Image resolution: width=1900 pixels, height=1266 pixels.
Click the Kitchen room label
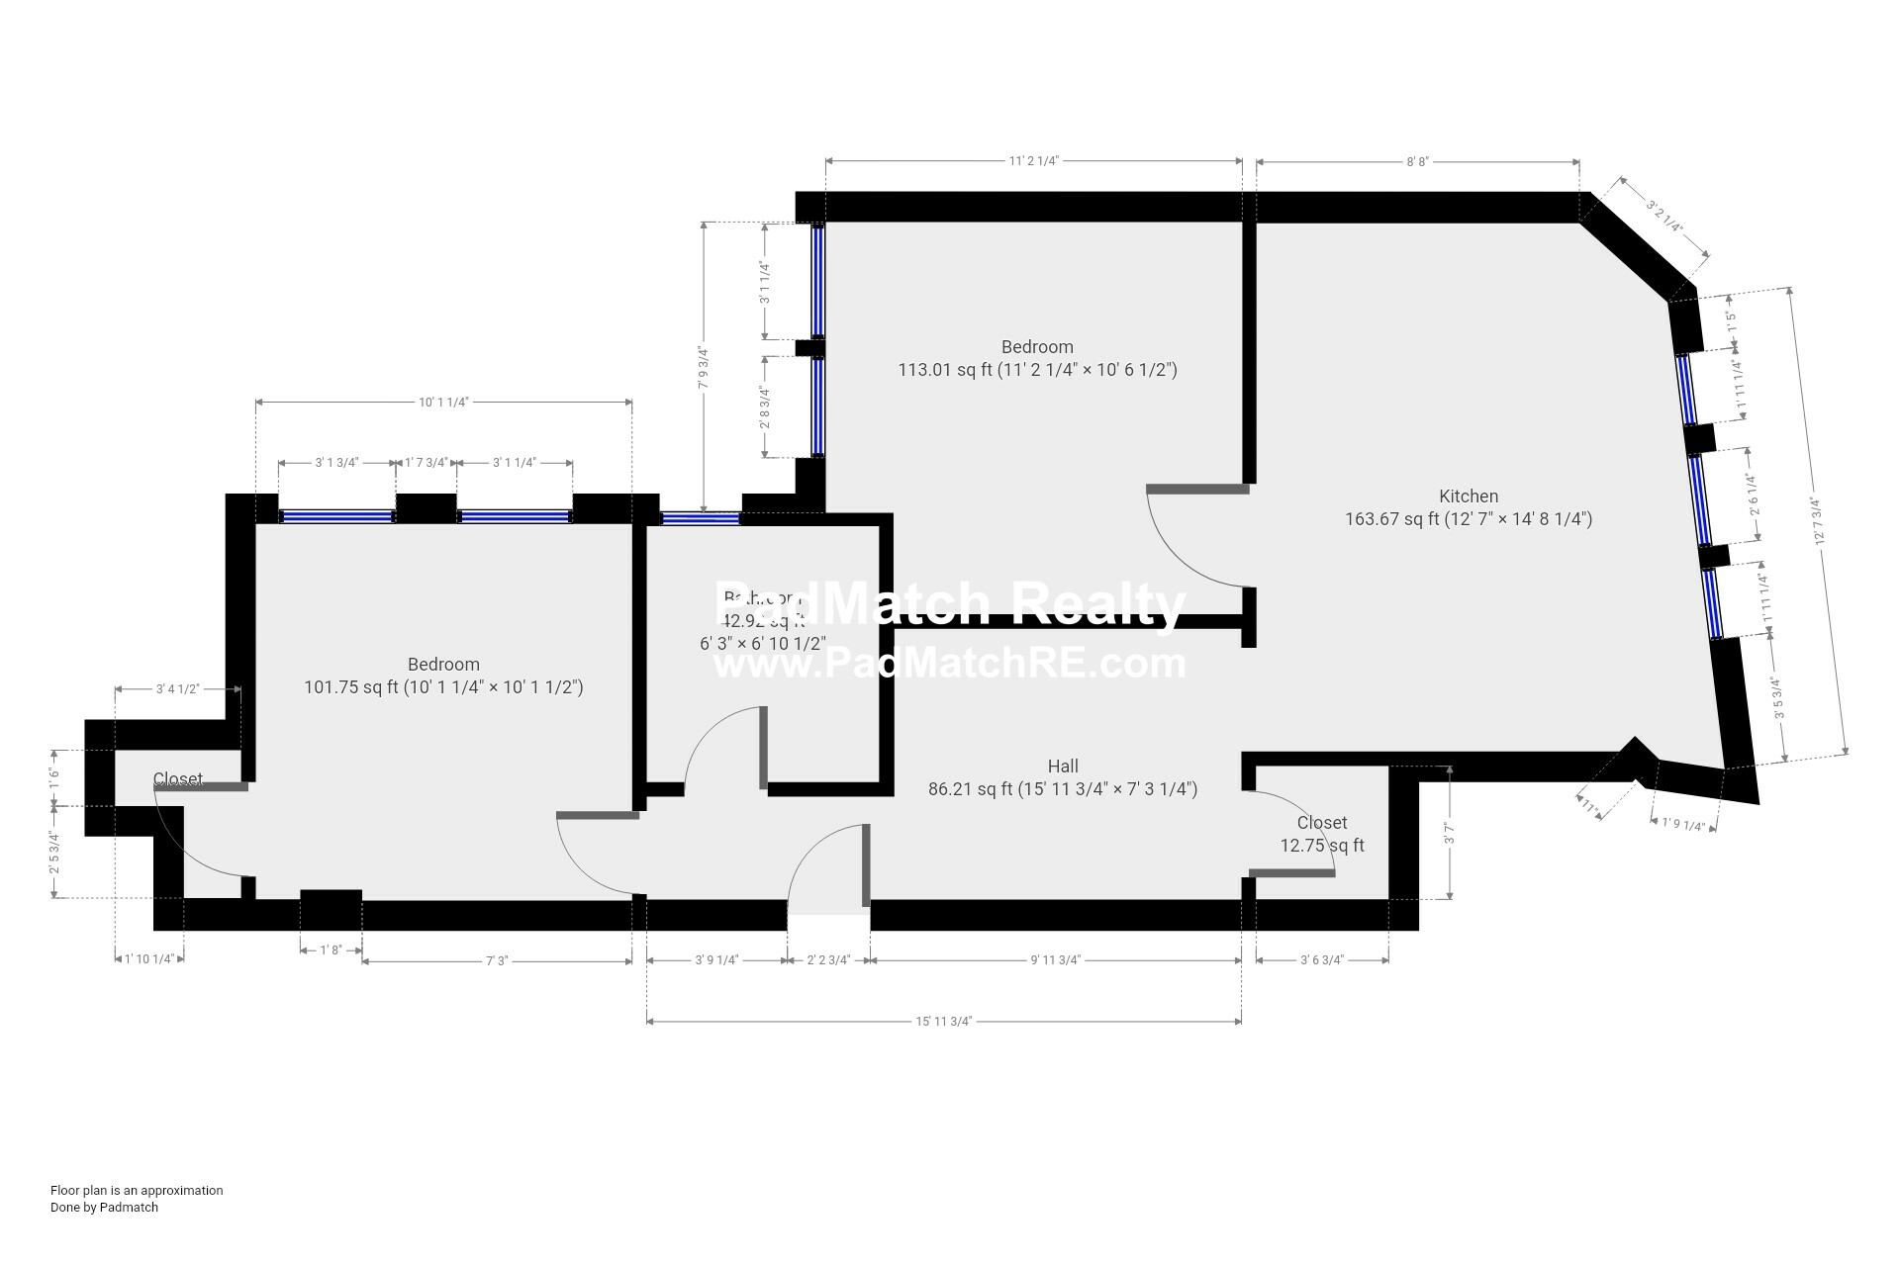point(1468,497)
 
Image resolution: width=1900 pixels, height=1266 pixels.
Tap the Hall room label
point(1063,767)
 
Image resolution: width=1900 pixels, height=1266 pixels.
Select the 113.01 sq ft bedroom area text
point(1037,371)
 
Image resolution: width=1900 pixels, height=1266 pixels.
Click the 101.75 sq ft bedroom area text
point(443,687)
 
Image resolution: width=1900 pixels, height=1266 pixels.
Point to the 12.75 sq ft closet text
point(1321,846)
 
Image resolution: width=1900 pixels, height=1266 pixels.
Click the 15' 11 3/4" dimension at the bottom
point(943,1022)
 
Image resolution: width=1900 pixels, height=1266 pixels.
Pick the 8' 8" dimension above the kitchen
point(1417,161)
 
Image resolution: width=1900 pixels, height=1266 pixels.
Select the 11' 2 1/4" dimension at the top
point(1033,161)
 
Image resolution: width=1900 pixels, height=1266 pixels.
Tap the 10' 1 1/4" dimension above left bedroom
point(442,403)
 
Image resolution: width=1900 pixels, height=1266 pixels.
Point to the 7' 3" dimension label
point(496,960)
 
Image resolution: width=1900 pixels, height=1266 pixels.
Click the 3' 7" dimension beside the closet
point(1450,833)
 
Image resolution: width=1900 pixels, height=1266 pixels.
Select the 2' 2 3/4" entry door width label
point(828,960)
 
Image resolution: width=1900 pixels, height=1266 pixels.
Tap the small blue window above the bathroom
point(700,517)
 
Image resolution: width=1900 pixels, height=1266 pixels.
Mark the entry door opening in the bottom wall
point(828,916)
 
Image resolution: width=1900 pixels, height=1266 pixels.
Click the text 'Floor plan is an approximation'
point(137,1191)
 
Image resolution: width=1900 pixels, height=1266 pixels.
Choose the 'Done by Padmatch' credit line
point(104,1208)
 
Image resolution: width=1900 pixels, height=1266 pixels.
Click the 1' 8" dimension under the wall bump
point(331,950)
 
